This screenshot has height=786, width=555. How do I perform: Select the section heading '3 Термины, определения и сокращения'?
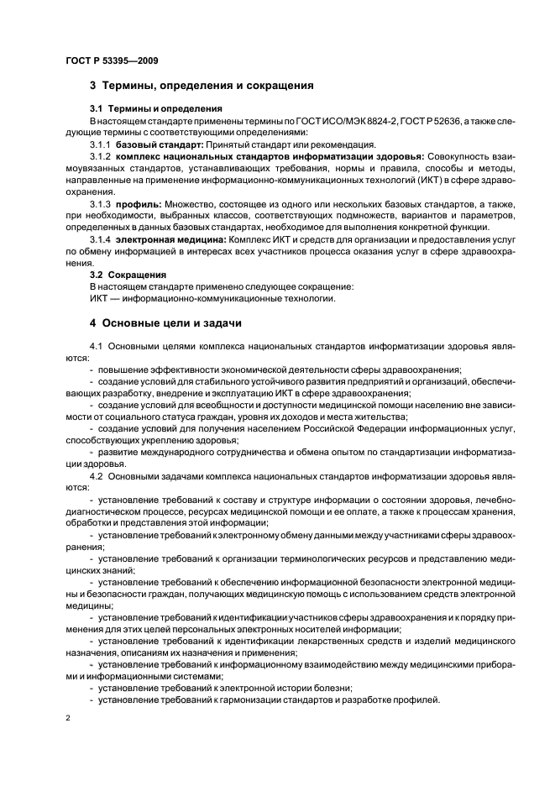[202, 86]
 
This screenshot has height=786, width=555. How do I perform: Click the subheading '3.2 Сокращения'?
[128, 274]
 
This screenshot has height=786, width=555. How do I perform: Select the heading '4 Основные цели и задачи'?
[167, 322]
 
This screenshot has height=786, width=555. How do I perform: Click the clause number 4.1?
[95, 345]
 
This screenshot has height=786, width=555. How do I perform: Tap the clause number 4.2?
[95, 474]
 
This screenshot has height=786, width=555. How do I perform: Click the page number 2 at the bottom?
[67, 719]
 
